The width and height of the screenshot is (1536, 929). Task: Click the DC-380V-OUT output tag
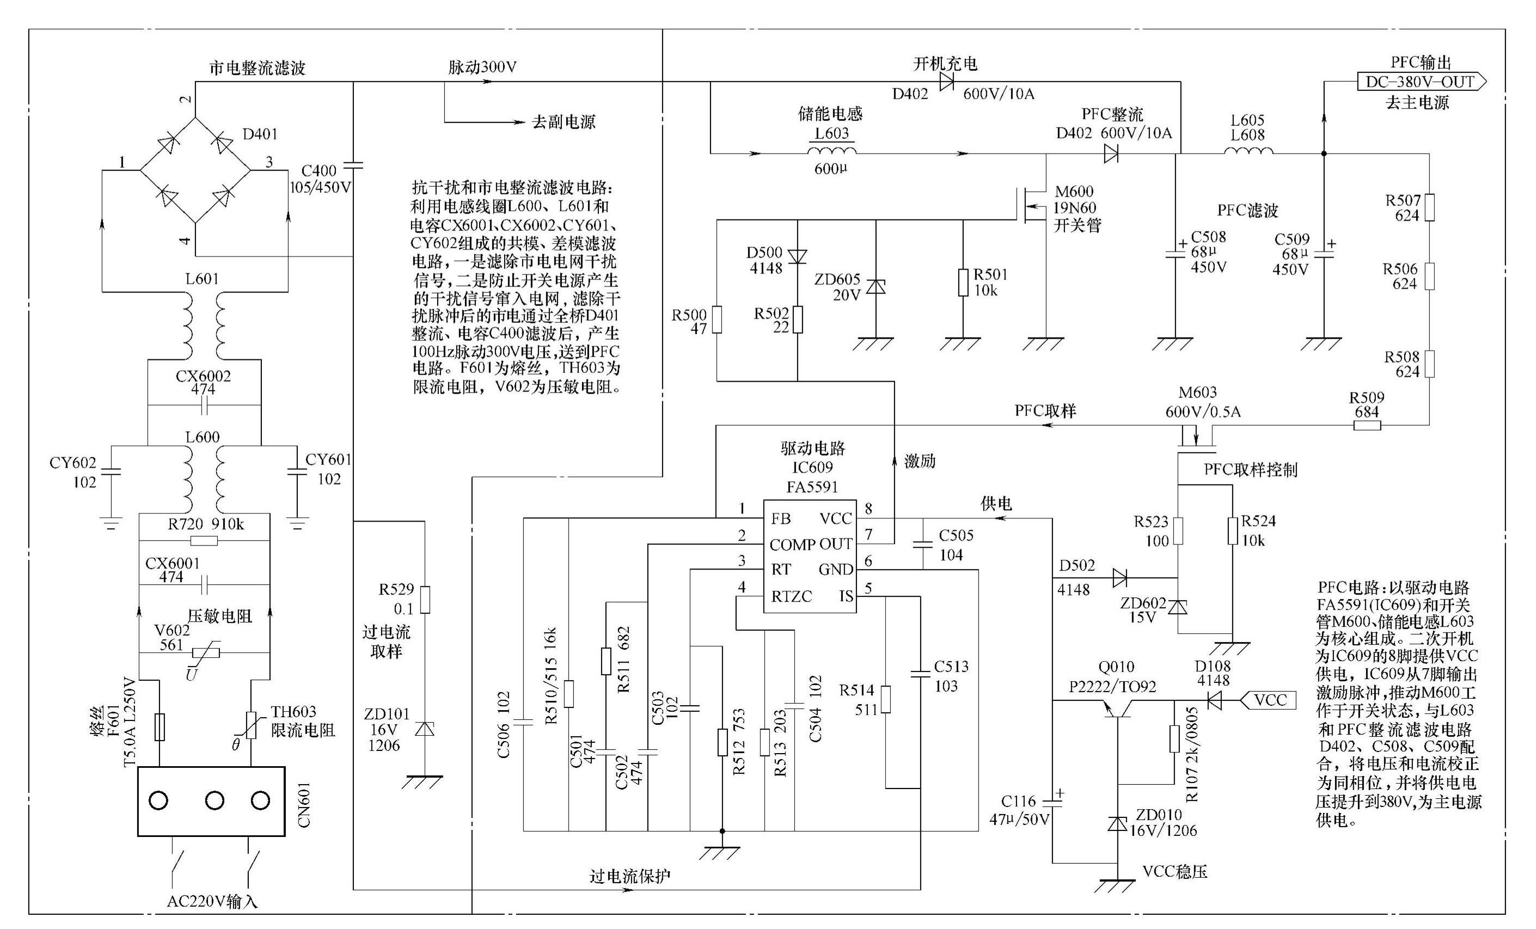click(x=1421, y=82)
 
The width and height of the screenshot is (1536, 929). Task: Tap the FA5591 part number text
click(x=812, y=487)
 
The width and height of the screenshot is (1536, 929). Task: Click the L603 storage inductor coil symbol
click(x=831, y=151)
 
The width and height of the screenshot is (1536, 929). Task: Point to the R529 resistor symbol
click(x=425, y=599)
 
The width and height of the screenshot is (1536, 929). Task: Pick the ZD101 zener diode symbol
click(x=425, y=729)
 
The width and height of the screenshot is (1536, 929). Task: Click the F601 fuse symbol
click(x=160, y=726)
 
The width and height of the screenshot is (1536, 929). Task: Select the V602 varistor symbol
click(x=206, y=653)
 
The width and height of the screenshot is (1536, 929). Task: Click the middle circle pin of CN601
click(x=215, y=800)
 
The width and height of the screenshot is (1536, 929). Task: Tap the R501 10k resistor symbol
click(x=963, y=283)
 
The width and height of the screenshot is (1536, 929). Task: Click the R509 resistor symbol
click(x=1367, y=426)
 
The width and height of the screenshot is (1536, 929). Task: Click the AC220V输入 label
click(x=212, y=902)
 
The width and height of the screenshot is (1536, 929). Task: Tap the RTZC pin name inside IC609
click(x=791, y=597)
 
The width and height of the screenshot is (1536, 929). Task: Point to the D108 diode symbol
click(x=1214, y=701)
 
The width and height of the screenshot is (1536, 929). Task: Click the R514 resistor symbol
click(x=886, y=700)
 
